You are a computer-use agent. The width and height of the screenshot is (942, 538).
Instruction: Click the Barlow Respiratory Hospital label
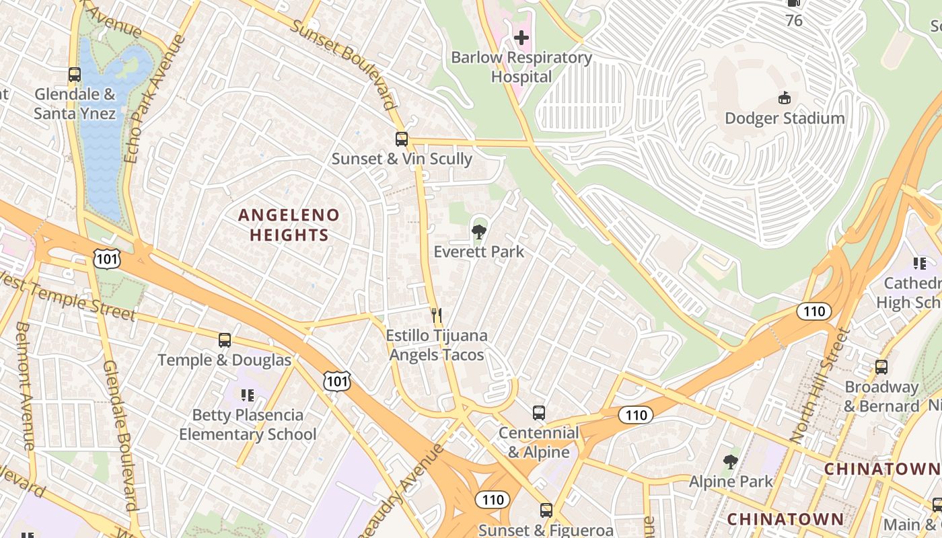[521, 67]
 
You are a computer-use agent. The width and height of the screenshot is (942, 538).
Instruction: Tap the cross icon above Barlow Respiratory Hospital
[521, 38]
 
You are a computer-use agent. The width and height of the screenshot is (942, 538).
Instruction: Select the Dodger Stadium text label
[785, 118]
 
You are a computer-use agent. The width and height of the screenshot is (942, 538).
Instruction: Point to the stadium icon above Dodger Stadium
[785, 98]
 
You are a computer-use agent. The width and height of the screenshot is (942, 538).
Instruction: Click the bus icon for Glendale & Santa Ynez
[75, 75]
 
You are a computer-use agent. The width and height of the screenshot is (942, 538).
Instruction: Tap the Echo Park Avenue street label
[155, 99]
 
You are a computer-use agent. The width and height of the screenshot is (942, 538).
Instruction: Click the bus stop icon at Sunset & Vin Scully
[402, 139]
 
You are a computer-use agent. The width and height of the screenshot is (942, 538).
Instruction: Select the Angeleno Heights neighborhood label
[289, 225]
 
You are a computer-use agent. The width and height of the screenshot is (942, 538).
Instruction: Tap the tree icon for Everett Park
[479, 232]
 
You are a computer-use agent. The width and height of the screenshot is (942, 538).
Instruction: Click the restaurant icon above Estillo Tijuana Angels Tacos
[437, 315]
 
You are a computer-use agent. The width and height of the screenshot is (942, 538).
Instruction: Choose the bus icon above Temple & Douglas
[225, 340]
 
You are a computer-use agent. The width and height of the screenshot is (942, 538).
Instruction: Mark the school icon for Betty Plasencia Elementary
[247, 395]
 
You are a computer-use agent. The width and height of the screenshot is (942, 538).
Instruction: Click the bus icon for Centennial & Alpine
[539, 413]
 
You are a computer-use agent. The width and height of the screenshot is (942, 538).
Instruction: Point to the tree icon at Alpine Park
[731, 461]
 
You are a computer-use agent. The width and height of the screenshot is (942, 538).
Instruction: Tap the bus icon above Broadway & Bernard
[881, 367]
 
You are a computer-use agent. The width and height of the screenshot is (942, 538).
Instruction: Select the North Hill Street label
[821, 385]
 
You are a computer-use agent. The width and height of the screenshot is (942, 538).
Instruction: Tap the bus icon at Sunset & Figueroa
[546, 510]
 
